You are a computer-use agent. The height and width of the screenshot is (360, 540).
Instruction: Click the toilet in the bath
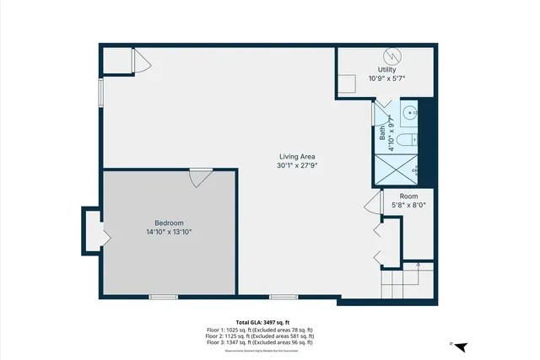pyautogui.click(x=405, y=140)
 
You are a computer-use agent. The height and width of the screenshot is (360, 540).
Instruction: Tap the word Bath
pyautogui.click(x=382, y=132)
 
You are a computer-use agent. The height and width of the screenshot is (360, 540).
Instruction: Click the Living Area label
pyautogui.click(x=297, y=156)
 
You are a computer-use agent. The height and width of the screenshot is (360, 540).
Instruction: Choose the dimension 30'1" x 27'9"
pyautogui.click(x=297, y=165)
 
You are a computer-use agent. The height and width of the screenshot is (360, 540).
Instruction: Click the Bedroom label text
pyautogui.click(x=169, y=223)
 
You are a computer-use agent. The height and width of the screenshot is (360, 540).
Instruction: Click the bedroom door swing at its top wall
pyautogui.click(x=200, y=178)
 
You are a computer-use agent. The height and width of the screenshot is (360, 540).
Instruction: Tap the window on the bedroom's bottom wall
pyautogui.click(x=163, y=297)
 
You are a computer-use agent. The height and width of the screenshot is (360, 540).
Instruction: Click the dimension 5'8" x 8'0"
pyautogui.click(x=408, y=204)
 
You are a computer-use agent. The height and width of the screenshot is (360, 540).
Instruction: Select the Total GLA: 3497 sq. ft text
pyautogui.click(x=262, y=322)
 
